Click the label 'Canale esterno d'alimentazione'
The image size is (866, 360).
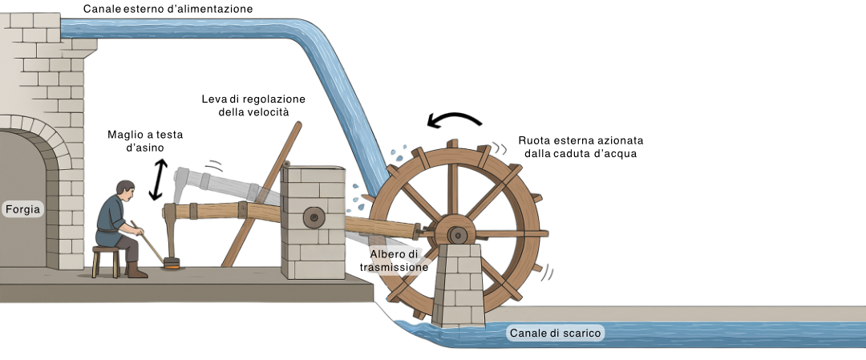pyautogui.click(x=168, y=10)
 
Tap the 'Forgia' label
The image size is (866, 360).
pyautogui.click(x=22, y=208)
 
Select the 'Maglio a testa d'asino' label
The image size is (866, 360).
pyautogui.click(x=146, y=142)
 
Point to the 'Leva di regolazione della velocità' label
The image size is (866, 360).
pyautogui.click(x=253, y=105)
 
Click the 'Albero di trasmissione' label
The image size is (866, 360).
pyautogui.click(x=395, y=261)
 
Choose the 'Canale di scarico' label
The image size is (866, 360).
pyautogui.click(x=556, y=333)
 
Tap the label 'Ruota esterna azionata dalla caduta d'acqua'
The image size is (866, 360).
pyautogui.click(x=581, y=147)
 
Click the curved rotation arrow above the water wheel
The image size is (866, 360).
pyautogui.click(x=455, y=119)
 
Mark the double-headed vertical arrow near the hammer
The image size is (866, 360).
pyautogui.click(x=158, y=180)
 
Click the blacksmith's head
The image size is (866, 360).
pyautogui.click(x=123, y=190)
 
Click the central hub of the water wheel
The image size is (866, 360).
pyautogui.click(x=456, y=234)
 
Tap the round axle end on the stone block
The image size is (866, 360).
pyautogui.click(x=313, y=216)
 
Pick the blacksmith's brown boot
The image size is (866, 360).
pyautogui.click(x=136, y=273)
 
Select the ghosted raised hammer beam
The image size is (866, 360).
pyautogui.click(x=216, y=184)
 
